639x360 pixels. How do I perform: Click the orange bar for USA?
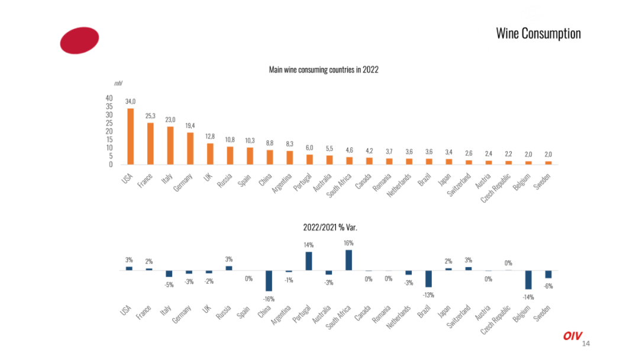[130, 136]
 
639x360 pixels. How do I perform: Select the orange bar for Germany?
[191, 149]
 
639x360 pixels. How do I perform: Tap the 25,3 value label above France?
[150, 116]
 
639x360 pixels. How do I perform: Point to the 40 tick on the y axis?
[109, 98]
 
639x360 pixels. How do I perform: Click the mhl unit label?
[118, 83]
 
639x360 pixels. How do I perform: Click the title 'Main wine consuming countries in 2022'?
[324, 70]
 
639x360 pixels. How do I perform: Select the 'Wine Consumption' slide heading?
[538, 33]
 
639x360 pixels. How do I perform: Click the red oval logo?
[79, 40]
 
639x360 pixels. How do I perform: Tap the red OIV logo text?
[572, 336]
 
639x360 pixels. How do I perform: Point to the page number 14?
[586, 343]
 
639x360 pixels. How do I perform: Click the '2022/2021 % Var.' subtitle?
[330, 227]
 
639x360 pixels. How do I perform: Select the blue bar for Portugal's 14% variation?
[309, 261]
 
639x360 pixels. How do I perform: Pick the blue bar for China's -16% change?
[269, 281]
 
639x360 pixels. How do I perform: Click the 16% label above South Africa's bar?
[348, 243]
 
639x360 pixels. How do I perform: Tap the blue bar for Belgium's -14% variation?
[528, 280]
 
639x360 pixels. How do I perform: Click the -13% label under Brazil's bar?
[428, 295]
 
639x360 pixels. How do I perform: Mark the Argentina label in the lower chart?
[282, 315]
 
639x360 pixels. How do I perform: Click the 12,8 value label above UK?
[210, 136]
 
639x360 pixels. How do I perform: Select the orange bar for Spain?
[250, 156]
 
